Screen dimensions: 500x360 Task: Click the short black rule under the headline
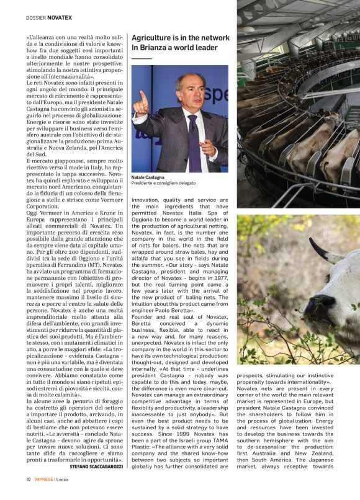coord(142,58)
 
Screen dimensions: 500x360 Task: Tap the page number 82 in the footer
coord(29,480)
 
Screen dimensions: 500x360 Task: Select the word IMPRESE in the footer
coord(45,480)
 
